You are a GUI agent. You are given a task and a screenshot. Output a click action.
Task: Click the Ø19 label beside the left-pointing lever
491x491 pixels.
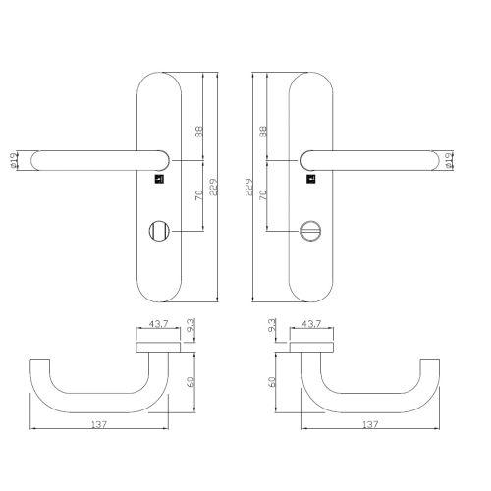pyautogui.click(x=15, y=159)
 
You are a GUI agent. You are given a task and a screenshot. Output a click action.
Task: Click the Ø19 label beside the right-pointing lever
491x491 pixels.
pyautogui.click(x=449, y=159)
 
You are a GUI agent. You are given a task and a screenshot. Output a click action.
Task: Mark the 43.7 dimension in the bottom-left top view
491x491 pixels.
pyautogui.click(x=157, y=323)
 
